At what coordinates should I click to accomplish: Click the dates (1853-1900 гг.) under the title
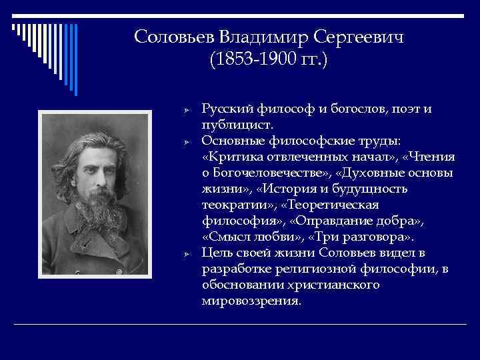click(x=269, y=61)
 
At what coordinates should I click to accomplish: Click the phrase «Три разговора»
click(x=360, y=237)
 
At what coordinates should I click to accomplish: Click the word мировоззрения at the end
click(x=249, y=301)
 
